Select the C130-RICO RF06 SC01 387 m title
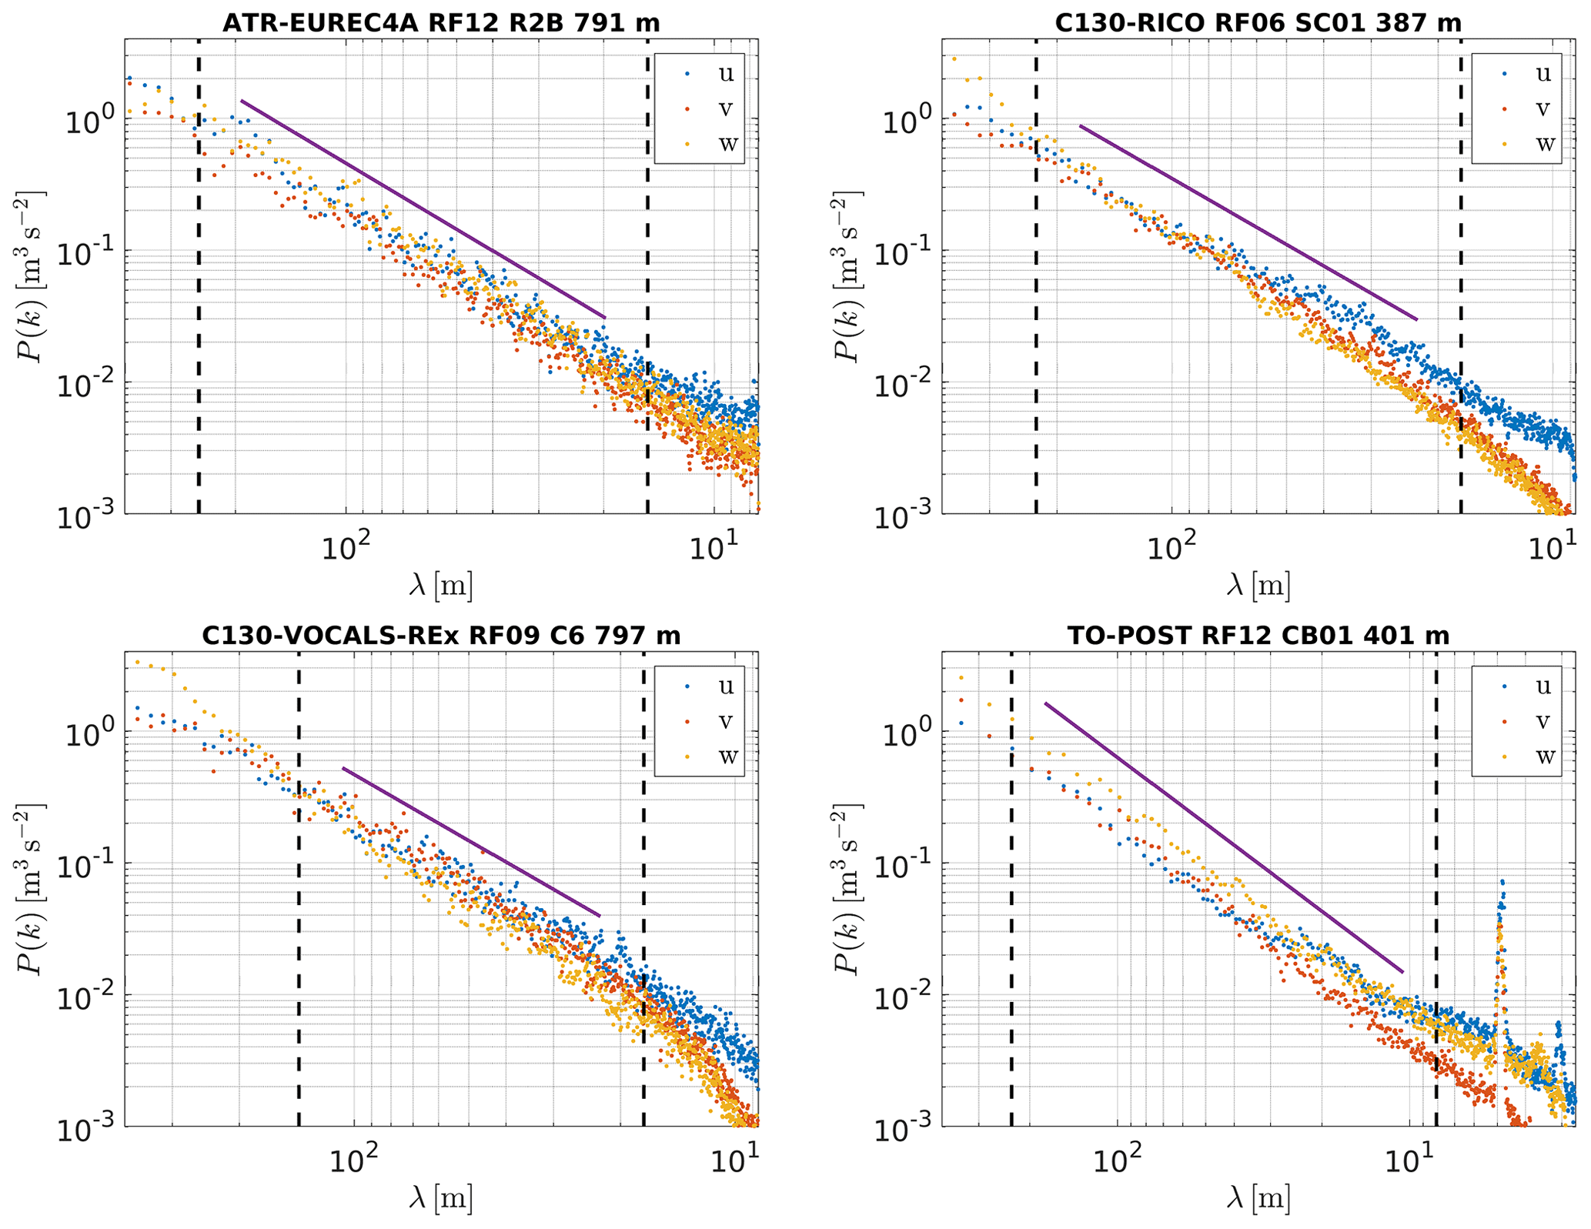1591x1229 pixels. (1258, 23)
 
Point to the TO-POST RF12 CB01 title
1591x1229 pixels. (1258, 636)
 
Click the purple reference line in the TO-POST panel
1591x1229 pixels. (1224, 839)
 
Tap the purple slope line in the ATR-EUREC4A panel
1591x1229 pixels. (423, 209)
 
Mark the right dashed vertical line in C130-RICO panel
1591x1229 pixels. (1460, 277)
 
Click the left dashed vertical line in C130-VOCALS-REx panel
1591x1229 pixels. (299, 885)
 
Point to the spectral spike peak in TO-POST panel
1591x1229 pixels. (1502, 882)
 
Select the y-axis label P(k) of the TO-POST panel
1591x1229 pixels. (849, 889)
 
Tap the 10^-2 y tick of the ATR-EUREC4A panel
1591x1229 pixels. (82, 382)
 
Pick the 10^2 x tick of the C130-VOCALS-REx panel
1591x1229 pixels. (353, 1161)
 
